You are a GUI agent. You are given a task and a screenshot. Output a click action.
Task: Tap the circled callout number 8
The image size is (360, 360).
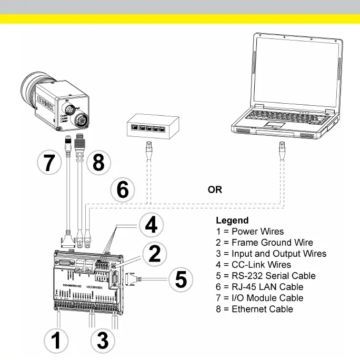point(98,163)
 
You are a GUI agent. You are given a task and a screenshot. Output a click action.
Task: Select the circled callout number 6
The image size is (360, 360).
point(123,189)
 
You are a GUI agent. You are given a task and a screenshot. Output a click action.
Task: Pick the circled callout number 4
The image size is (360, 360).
point(151,225)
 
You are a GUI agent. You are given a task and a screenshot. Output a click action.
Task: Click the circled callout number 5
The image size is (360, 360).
point(181,279)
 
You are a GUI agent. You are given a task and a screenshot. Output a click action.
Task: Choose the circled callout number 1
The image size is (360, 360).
point(55,341)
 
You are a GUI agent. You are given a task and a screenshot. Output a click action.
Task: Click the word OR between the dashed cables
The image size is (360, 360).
point(215,189)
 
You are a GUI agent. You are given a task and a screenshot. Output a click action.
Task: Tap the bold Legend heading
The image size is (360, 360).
point(232,221)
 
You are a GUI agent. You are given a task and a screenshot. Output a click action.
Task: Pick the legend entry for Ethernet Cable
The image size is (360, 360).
point(254,309)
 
